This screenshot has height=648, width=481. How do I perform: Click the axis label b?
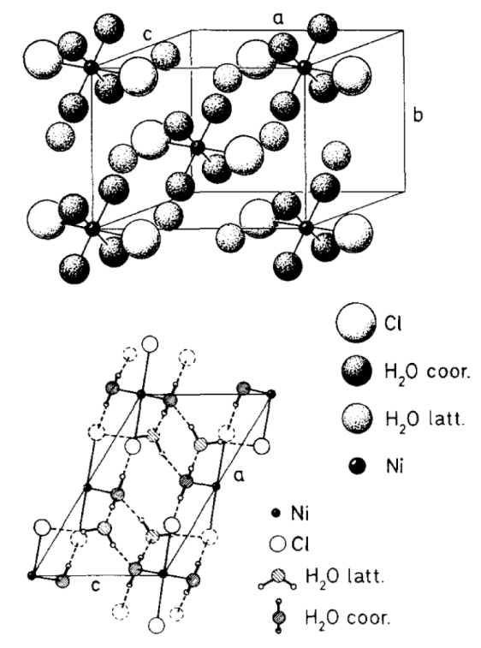(418, 115)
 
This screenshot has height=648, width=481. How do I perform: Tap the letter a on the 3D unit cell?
(279, 18)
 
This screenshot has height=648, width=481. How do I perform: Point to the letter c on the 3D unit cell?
(148, 35)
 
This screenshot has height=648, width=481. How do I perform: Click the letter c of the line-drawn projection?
(96, 586)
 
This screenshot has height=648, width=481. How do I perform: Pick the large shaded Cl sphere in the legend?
(356, 323)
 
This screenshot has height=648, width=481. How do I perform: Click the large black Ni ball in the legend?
(358, 467)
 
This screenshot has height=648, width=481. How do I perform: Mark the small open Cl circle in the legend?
(278, 544)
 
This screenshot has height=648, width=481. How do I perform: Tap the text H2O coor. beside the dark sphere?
(428, 372)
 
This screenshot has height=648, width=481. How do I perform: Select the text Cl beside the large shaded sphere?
(393, 324)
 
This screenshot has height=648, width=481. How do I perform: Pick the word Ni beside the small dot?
(395, 467)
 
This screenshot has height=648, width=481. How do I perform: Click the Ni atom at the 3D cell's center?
(198, 147)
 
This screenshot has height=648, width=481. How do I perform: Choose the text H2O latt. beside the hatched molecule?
(345, 576)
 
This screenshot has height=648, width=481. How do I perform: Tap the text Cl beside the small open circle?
(300, 544)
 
